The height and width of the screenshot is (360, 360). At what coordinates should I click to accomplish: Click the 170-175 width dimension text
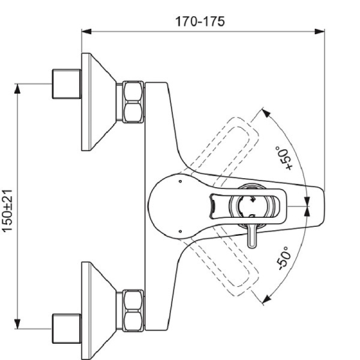pyautogui.click(x=200, y=21)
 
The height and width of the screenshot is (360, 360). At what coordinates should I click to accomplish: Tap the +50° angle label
pyautogui.click(x=282, y=158)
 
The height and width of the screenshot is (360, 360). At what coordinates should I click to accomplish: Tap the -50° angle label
pyautogui.click(x=284, y=257)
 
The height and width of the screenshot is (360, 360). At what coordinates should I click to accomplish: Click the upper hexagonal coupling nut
pyautogui.click(x=133, y=102)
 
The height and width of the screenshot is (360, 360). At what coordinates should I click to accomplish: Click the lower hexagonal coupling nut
pyautogui.click(x=133, y=310)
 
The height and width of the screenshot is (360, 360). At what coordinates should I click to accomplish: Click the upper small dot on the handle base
pyautogui.click(x=180, y=179)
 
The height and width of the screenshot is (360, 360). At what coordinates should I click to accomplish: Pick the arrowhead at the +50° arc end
pyautogui.click(x=264, y=111)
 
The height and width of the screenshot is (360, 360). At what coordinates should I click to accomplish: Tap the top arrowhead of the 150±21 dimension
pyautogui.click(x=18, y=88)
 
